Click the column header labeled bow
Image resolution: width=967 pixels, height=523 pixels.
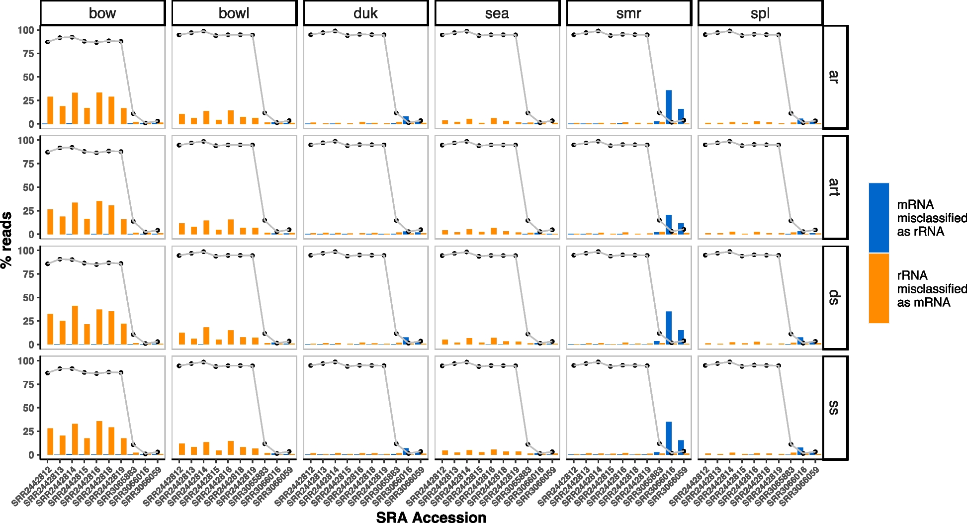coord(102,13)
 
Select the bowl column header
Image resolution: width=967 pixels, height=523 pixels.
coord(234,13)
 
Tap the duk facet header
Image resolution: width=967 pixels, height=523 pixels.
coord(365,13)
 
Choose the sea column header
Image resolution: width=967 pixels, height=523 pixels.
coord(497,13)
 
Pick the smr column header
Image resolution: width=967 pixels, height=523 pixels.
coord(628,13)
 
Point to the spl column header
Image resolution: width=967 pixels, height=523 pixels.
coord(760,13)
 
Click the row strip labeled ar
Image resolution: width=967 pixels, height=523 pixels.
coord(835,77)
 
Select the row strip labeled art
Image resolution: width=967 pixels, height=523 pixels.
coord(835,187)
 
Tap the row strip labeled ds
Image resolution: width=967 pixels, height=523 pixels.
coord(835,297)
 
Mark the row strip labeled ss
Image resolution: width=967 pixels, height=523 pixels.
coord(835,408)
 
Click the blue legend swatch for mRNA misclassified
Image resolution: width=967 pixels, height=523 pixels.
coord(879,218)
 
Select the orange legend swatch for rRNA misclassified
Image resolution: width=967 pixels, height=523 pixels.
coord(879,288)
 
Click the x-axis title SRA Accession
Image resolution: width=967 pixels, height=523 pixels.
coord(431,518)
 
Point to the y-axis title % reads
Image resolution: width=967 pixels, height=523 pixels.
coord(6,240)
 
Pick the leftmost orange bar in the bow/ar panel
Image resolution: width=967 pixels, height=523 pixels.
coord(50,110)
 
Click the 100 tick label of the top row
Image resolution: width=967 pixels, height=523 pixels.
coord(26,30)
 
